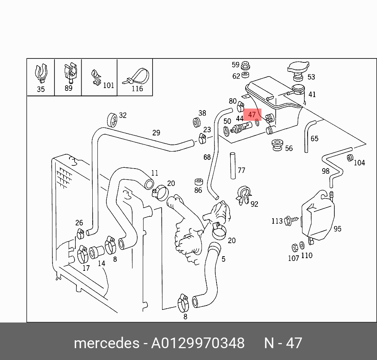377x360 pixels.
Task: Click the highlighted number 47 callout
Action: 252,115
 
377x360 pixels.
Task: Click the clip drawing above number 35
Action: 41,72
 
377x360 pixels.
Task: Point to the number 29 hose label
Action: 156,133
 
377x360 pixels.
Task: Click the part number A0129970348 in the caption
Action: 198,343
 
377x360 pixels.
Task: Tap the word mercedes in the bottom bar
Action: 106,343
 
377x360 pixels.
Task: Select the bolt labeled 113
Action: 288,220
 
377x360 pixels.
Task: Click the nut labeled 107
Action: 294,247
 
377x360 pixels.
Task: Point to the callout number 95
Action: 338,229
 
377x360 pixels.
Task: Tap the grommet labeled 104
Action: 349,158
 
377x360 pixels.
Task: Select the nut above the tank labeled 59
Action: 245,65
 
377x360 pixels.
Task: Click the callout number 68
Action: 207,157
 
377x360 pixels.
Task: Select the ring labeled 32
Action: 111,119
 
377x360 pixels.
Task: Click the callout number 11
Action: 155,173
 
